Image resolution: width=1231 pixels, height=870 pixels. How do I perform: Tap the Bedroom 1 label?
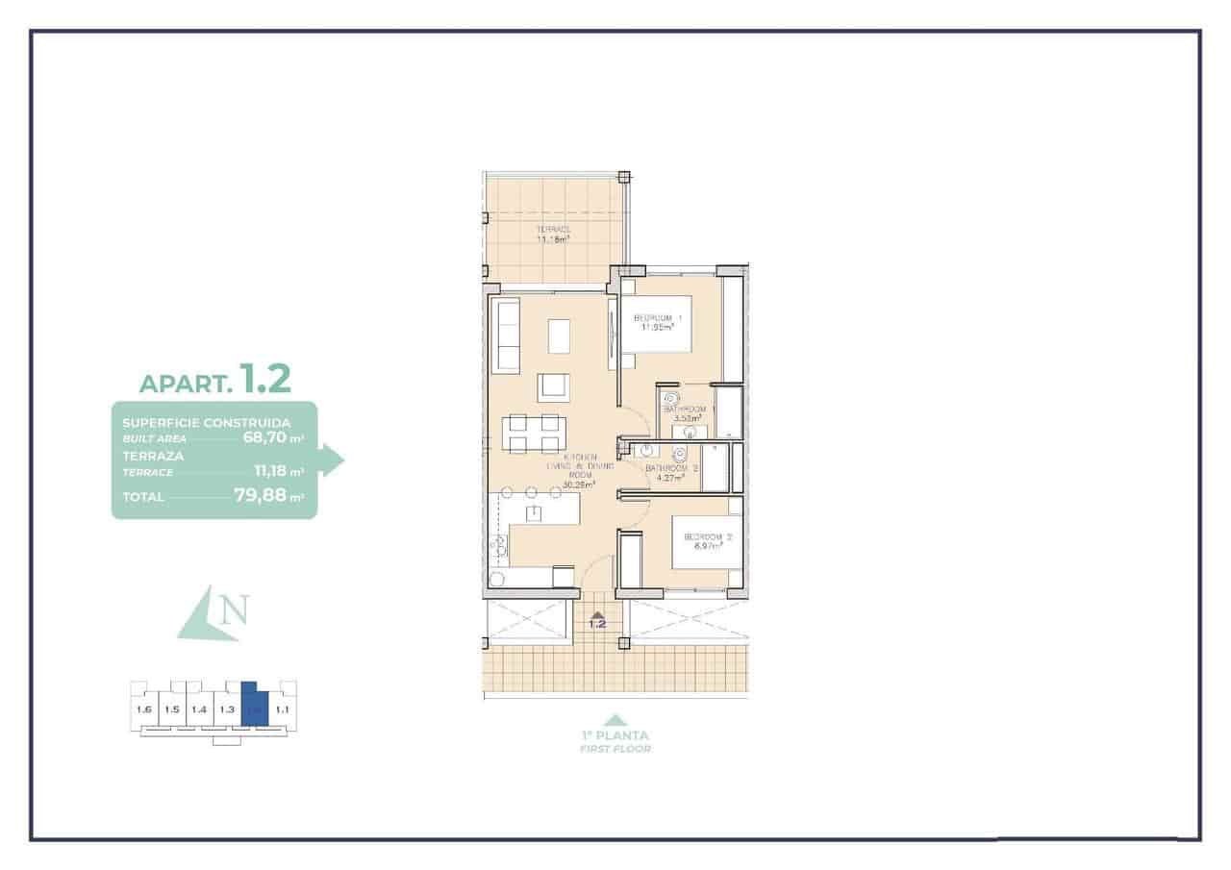(658, 321)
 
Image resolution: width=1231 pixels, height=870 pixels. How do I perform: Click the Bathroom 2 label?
(671, 472)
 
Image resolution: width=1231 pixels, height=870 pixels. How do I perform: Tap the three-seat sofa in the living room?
(506, 335)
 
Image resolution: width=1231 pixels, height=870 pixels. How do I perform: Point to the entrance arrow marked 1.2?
(597, 619)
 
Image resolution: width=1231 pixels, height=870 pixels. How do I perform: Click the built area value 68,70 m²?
(272, 437)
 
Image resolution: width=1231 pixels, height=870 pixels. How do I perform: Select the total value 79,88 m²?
(268, 496)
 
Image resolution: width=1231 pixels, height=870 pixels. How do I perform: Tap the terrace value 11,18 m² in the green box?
(278, 472)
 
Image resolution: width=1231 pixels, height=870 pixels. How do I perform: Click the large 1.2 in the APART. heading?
(264, 378)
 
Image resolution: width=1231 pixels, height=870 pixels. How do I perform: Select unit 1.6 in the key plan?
(145, 709)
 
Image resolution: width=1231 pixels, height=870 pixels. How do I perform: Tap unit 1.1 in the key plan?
(283, 709)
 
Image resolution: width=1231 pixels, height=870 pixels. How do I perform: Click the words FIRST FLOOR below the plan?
(615, 749)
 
